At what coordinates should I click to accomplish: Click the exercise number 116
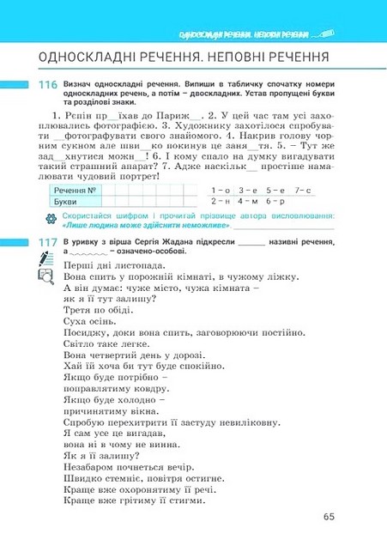[47, 86]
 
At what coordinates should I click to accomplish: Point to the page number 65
[330, 516]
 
